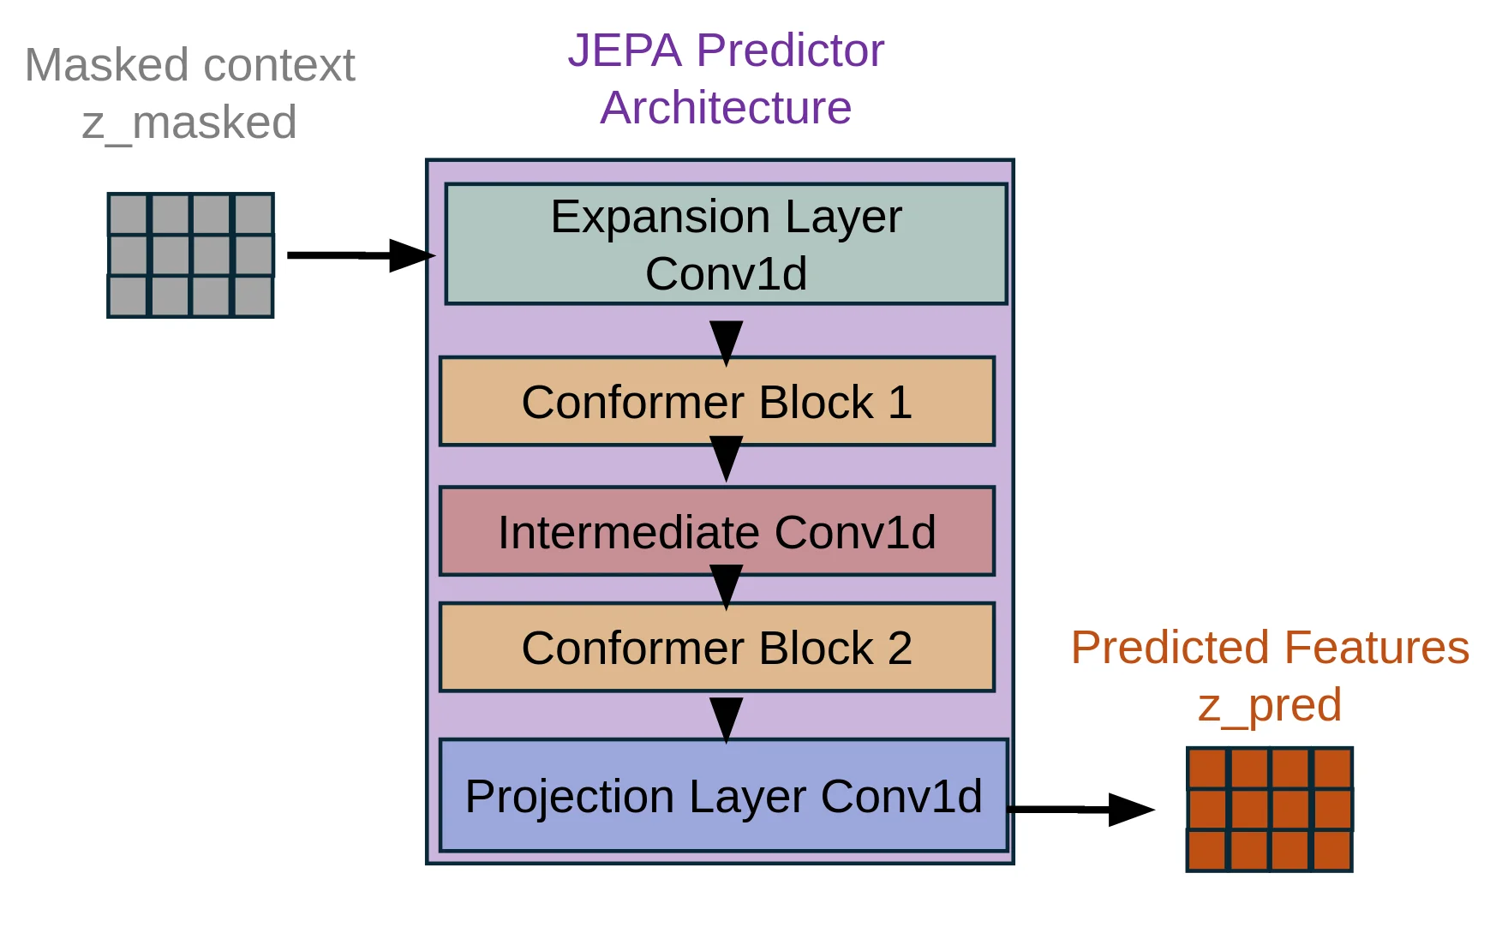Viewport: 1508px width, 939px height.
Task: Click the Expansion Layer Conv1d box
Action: [725, 244]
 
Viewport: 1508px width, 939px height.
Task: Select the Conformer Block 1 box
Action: [716, 402]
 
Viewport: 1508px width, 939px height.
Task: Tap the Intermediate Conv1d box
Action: [716, 532]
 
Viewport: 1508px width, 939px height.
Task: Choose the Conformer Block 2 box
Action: [716, 648]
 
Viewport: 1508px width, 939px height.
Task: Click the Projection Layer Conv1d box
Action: [723, 796]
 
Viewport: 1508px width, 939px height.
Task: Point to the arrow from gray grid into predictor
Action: [360, 255]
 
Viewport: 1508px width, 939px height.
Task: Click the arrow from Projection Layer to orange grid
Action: [1080, 809]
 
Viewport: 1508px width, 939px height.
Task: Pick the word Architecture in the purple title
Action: [726, 108]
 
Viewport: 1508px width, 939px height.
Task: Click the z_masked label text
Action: [189, 123]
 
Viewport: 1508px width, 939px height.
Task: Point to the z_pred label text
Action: [1269, 705]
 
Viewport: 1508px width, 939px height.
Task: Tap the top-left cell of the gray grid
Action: [129, 214]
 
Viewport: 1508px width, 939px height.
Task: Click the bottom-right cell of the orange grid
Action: [1331, 850]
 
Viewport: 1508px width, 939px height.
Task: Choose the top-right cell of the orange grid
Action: [1331, 769]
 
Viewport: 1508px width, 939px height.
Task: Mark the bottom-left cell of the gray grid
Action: [129, 296]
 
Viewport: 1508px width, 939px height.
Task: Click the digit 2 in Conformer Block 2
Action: [900, 648]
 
